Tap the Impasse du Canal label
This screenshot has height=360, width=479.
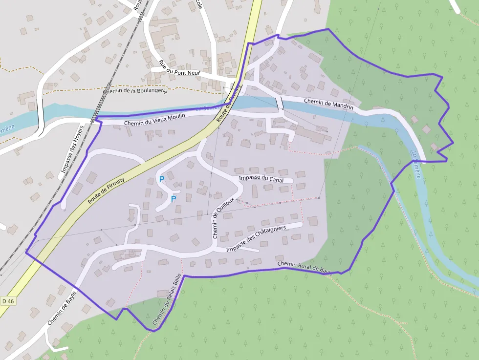(x=261, y=179)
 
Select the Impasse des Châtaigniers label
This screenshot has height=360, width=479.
(x=256, y=239)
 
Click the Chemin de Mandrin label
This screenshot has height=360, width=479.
(x=328, y=104)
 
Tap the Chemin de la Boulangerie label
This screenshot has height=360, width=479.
(x=135, y=91)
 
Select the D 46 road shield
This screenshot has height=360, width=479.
(x=8, y=301)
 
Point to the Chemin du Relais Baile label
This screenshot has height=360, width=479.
(x=167, y=299)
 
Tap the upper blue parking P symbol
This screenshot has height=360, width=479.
(x=162, y=179)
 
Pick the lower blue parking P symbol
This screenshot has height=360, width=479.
(x=173, y=199)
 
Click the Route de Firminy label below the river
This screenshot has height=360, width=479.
(x=106, y=191)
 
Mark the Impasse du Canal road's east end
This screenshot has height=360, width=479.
(x=291, y=181)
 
